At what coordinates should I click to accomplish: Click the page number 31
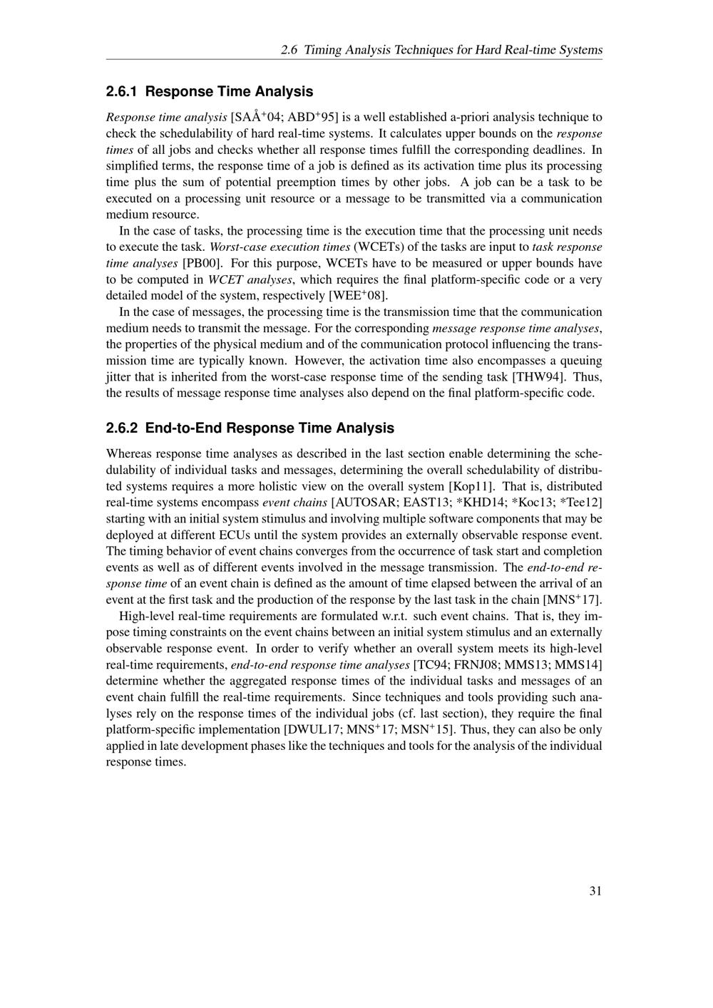click(595, 890)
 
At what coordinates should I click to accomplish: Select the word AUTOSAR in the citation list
click(362, 503)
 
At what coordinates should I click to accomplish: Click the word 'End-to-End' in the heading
click(181, 428)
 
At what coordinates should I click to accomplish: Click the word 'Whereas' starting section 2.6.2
click(129, 453)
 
